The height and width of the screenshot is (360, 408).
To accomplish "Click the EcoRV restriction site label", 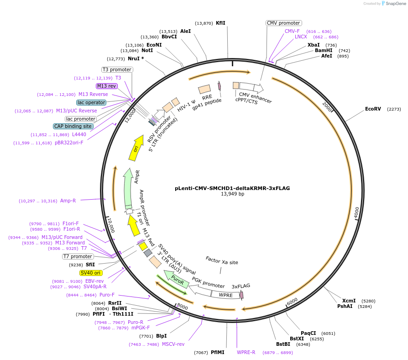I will [x=373, y=109].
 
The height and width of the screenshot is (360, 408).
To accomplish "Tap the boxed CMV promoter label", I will [x=283, y=23].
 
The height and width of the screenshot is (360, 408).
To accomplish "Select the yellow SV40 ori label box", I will [x=91, y=273].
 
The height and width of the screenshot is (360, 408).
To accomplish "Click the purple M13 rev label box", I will [x=107, y=86].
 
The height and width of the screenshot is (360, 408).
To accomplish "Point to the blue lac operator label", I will [x=91, y=102].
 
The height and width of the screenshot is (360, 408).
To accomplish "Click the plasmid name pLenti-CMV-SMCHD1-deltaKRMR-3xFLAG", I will [x=232, y=188].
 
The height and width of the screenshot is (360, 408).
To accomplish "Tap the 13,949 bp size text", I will [x=232, y=194].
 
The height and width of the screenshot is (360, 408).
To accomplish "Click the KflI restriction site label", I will [x=220, y=23].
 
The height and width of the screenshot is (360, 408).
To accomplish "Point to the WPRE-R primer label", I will [x=246, y=352].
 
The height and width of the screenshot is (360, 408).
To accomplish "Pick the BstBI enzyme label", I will [x=283, y=344].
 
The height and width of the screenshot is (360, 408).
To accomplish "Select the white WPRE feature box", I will [x=225, y=295].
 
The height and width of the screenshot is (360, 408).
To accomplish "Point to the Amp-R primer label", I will [x=68, y=201].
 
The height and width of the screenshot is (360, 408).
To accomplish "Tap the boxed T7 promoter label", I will [x=78, y=256].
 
